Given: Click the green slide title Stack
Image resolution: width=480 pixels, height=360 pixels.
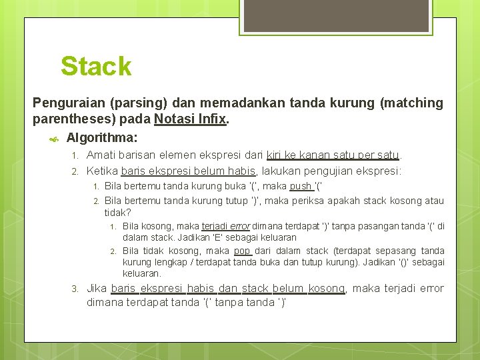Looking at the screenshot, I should (x=96, y=67).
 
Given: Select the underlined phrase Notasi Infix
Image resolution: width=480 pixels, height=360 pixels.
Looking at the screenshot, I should (x=191, y=120).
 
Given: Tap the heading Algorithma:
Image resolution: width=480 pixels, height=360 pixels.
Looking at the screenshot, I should (x=102, y=138).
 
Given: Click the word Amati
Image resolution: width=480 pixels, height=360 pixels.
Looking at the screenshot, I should (x=101, y=155).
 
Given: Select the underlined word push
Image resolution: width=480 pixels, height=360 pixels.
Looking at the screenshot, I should (x=301, y=186).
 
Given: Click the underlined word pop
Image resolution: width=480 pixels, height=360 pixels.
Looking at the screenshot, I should (x=242, y=251).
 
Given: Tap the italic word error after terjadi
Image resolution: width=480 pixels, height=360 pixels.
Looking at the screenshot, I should (x=239, y=226).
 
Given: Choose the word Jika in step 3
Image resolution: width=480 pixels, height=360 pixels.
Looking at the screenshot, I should (x=97, y=289).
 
